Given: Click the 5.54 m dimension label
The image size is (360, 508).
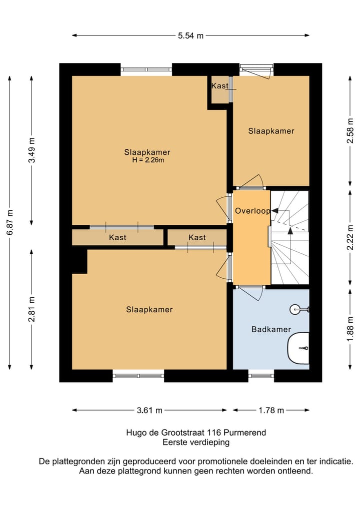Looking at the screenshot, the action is tap(190, 35).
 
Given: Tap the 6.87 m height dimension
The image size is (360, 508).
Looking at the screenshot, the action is tap(10, 223).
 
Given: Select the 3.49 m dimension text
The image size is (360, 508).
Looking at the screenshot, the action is tap(32, 150).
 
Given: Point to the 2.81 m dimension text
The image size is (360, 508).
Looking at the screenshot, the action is tap(32, 309).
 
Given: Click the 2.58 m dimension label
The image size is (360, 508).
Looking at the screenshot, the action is tap(350, 130).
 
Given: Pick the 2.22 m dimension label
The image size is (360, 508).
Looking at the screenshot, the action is tap(350, 237).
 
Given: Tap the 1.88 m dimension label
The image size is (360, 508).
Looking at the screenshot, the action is tap(350, 329).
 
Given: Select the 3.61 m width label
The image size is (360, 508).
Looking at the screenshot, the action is tap(149, 411).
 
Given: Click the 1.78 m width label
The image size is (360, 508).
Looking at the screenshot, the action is tap(271, 411).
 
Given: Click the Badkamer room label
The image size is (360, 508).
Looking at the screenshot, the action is tap(271, 330).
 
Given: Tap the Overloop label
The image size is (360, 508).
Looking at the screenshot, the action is tap(252, 211).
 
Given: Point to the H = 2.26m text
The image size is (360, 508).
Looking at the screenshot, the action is tap(148, 160).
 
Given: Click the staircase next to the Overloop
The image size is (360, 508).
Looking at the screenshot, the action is tap(289, 237).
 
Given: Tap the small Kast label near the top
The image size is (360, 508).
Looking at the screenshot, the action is tap(219, 86).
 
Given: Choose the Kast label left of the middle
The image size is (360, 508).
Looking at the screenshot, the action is tap(117, 237).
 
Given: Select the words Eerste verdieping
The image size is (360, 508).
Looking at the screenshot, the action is tap(196, 442).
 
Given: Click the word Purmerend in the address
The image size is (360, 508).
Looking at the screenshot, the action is tap(245, 433).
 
